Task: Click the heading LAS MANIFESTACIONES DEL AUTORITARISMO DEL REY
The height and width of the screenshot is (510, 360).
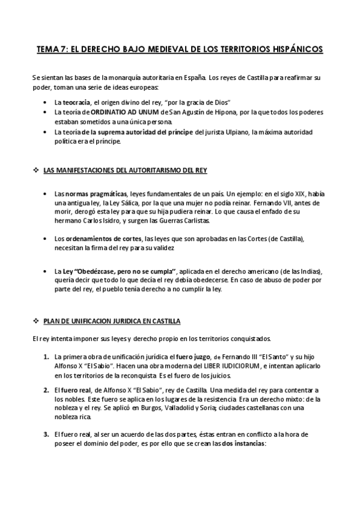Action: click(x=125, y=171)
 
